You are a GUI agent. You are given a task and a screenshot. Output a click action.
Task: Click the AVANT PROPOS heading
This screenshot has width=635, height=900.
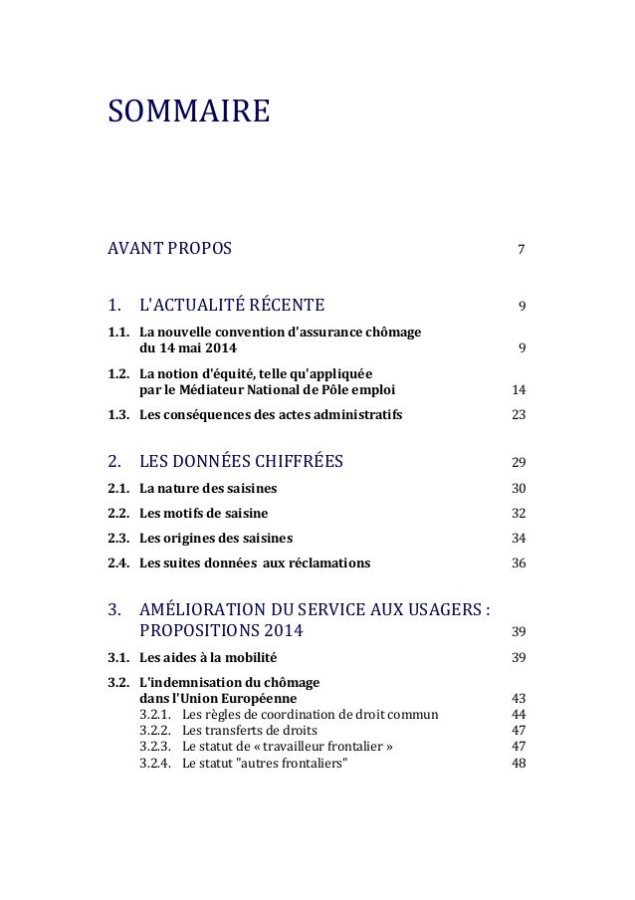pyautogui.click(x=168, y=247)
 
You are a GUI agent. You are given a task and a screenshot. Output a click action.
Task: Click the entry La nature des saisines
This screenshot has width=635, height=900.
pyautogui.click(x=208, y=488)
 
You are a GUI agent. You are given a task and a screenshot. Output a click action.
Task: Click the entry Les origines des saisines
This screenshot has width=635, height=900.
pyautogui.click(x=216, y=540)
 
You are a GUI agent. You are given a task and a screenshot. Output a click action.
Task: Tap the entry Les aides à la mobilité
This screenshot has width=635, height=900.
pyautogui.click(x=208, y=658)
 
